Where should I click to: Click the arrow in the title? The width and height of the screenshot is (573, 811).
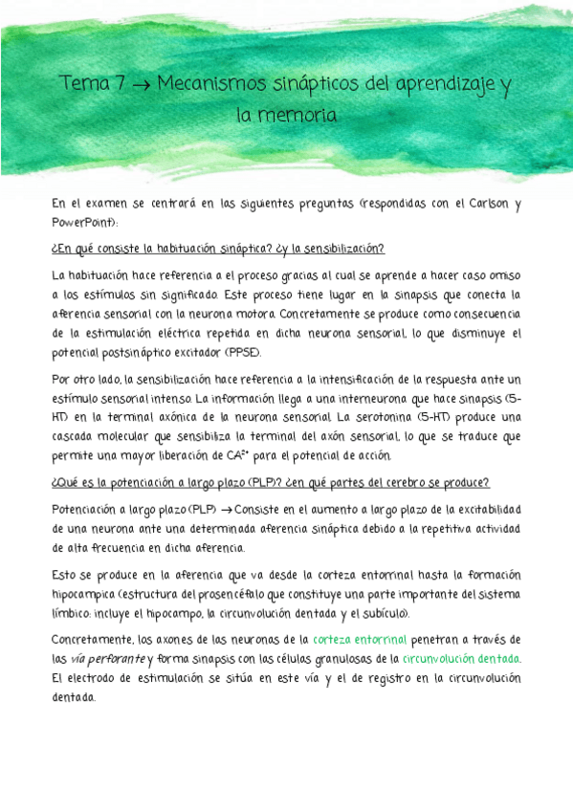click(139, 86)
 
